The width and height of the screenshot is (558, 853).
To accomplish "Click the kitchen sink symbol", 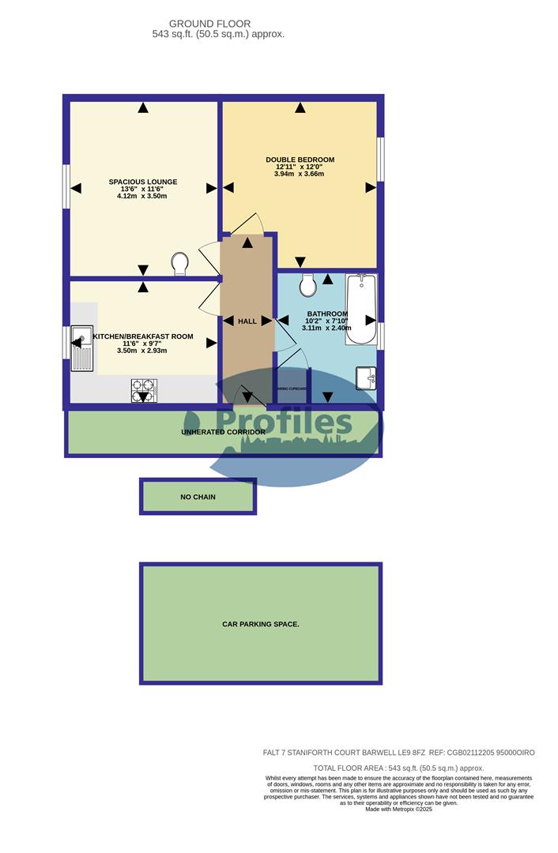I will [81, 348].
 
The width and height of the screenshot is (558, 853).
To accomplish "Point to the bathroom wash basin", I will [366, 378].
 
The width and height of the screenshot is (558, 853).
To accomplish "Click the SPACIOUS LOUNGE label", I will [143, 182].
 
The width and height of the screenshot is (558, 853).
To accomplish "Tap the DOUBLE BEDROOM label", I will [300, 160].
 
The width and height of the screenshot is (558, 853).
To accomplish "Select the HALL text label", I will [247, 321].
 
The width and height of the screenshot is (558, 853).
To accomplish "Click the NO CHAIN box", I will [198, 497].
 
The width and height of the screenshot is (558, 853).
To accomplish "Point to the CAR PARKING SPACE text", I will [260, 624].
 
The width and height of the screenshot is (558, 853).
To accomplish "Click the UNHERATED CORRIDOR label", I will [223, 432].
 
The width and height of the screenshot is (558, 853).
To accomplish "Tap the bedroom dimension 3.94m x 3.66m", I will [300, 175].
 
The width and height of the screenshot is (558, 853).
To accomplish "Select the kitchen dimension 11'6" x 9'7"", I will [143, 344].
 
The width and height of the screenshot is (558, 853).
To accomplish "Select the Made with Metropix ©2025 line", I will [398, 809].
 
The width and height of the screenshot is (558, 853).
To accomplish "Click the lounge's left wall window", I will [66, 187].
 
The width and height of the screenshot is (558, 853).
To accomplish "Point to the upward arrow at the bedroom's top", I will [300, 107].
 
